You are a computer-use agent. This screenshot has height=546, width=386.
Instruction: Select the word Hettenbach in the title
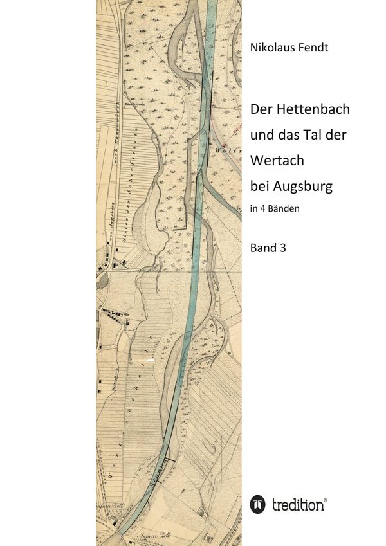[312, 109]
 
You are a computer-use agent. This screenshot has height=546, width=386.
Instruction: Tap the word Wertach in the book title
[277, 160]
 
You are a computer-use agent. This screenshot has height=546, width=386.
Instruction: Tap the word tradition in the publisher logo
[298, 505]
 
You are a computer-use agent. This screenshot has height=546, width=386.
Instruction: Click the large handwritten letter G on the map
[207, 443]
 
